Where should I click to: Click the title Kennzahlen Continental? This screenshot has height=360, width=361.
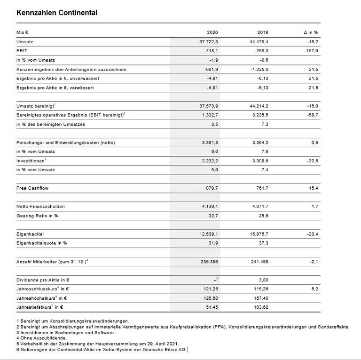pos(57,13)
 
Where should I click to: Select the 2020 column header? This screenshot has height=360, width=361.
pos(212,32)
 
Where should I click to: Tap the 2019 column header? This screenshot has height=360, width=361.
pos(261,32)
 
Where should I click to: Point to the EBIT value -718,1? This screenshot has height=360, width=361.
pos(211,51)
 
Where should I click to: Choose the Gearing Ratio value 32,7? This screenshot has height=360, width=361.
pos(213,216)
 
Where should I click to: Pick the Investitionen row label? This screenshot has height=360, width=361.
pos(31,161)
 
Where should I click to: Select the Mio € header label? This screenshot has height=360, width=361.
pos(23,32)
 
